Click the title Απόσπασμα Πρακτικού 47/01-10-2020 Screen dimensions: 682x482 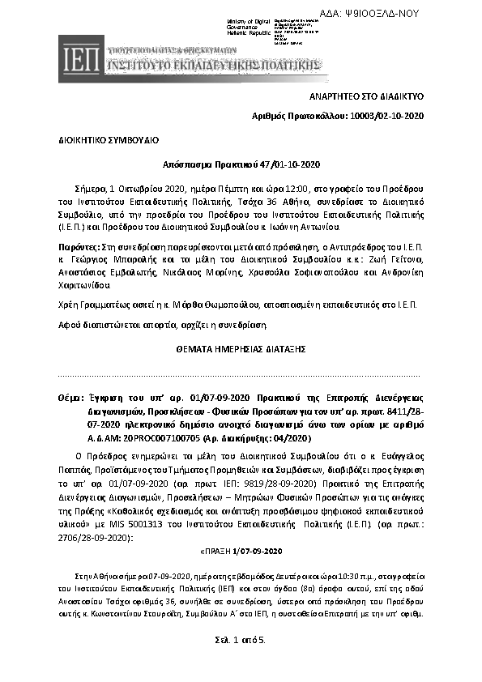(x=241, y=162)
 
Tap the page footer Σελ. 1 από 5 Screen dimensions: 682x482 (x=241, y=640)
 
